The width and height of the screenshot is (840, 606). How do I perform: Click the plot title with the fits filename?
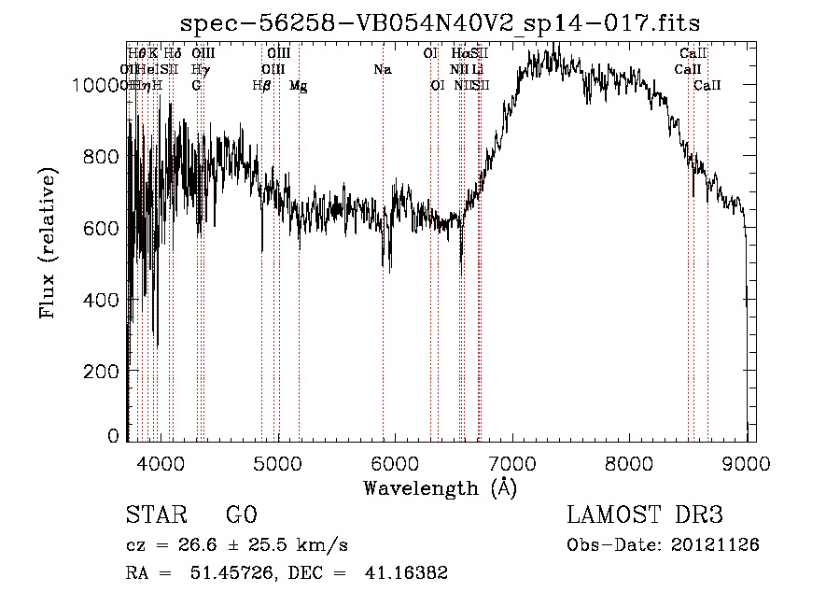pos(440,23)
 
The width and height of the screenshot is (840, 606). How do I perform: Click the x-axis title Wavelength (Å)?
pos(440,486)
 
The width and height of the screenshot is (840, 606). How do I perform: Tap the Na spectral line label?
pos(382,69)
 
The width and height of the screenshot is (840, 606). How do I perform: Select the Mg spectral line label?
pos(299,86)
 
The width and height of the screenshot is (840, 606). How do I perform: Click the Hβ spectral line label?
pos(262,85)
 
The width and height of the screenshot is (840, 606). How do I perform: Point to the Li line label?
pos(477,69)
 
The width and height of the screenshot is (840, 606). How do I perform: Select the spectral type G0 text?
pos(241,515)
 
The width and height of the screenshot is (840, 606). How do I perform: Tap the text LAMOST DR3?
pos(644,515)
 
